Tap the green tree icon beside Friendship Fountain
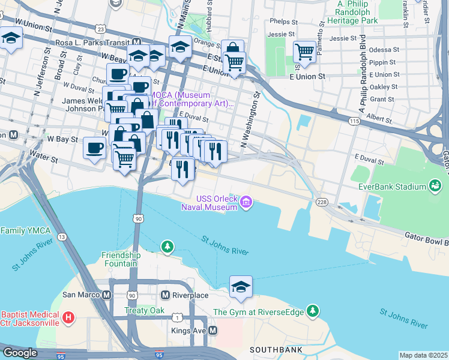coord(167,246)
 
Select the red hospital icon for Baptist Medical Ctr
coord(69,317)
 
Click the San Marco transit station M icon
coord(107,295)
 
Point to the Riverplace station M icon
coord(166,295)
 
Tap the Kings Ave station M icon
coord(212,331)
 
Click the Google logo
coord(20,353)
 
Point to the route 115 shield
coord(354,121)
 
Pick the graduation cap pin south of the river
coord(241,287)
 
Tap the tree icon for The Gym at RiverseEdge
coord(312,311)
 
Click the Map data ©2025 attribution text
coord(423,355)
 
